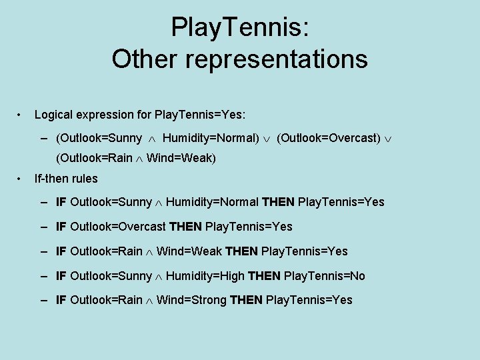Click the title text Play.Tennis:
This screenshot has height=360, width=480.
(x=239, y=28)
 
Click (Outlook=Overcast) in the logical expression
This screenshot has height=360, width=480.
(x=329, y=139)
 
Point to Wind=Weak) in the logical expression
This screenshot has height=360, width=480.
(x=181, y=159)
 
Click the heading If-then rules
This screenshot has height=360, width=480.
(x=66, y=179)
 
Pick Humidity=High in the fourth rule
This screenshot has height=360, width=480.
(x=205, y=276)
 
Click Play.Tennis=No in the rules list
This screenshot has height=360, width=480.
(x=325, y=276)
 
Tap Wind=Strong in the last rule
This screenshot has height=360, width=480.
(x=191, y=301)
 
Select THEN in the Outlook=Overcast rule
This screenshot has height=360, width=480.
(x=186, y=227)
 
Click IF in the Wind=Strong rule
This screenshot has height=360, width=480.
(x=61, y=301)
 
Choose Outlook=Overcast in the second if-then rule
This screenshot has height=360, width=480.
(x=118, y=227)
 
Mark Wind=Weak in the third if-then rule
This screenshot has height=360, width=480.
(x=190, y=251)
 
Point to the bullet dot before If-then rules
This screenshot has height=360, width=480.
(x=21, y=178)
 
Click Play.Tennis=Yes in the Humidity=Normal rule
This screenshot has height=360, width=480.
(x=341, y=202)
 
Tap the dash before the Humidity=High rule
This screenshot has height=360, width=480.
(x=43, y=276)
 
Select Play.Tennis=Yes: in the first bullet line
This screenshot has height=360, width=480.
(x=200, y=115)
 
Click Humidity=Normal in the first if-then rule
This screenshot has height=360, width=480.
(x=212, y=202)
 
